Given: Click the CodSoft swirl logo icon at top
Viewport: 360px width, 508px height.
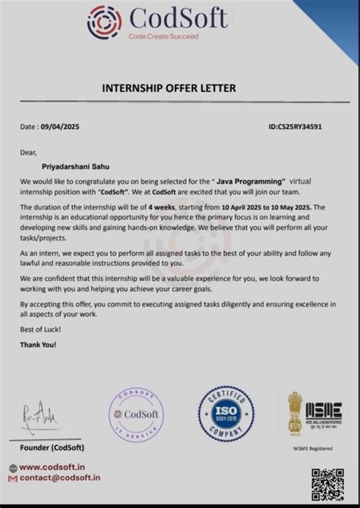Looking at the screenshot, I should [x=104, y=22].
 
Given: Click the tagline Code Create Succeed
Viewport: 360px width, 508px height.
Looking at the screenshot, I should [x=163, y=36].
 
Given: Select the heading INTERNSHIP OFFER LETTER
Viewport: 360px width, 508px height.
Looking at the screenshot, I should [x=169, y=88].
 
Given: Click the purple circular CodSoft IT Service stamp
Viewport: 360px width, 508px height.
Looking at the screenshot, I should [x=136, y=415].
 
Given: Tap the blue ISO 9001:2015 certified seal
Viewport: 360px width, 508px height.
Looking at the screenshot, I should [x=226, y=415].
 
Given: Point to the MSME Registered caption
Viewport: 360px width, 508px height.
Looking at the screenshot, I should [x=312, y=449].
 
